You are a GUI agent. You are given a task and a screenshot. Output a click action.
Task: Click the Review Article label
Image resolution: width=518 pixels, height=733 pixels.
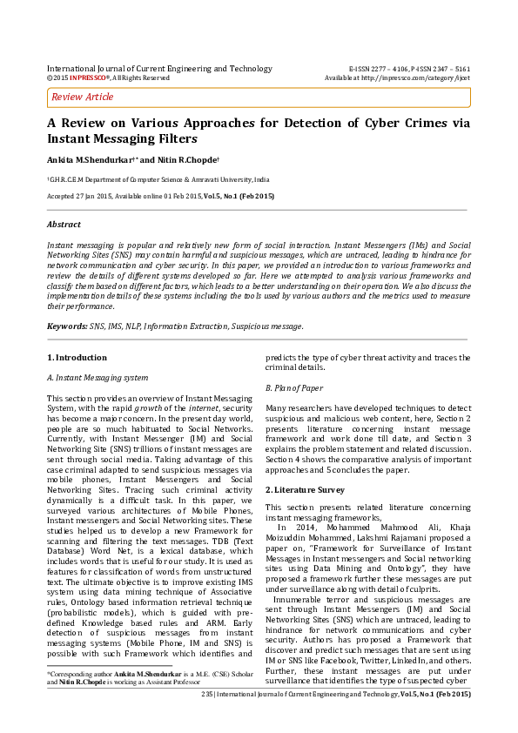(x=83, y=97)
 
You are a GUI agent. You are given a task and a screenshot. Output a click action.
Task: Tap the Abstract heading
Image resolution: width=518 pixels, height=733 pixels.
(x=63, y=225)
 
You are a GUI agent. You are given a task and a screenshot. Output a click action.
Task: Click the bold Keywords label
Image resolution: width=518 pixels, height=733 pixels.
(x=67, y=326)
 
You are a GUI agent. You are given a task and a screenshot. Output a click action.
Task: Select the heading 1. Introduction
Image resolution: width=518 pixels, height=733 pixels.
(x=77, y=358)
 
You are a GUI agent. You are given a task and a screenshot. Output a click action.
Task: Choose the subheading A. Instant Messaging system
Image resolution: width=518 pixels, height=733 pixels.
(x=97, y=378)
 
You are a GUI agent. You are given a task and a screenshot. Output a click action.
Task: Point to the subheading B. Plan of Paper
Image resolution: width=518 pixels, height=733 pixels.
(x=294, y=387)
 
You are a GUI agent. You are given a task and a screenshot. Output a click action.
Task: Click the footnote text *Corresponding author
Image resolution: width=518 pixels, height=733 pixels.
(x=79, y=699)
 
